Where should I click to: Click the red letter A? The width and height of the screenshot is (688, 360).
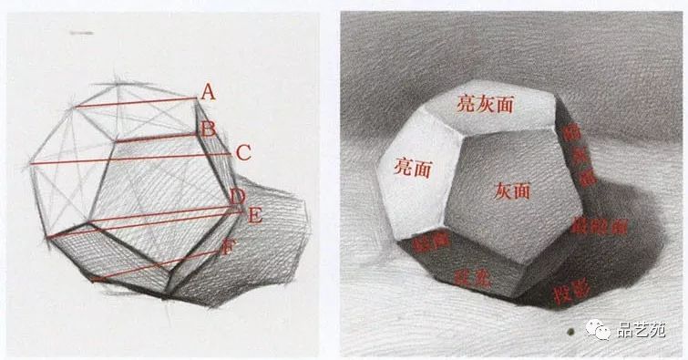208,91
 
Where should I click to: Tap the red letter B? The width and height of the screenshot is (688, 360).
208,129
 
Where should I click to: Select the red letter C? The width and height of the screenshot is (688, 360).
243,153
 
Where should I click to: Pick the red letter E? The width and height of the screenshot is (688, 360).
254,215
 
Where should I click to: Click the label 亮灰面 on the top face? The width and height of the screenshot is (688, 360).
487,104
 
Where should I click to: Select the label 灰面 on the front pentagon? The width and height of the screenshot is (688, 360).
512,191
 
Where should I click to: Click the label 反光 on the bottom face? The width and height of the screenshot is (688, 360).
472,278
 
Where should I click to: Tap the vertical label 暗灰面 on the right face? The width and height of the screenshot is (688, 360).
576,156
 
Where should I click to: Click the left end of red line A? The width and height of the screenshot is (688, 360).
76,108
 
